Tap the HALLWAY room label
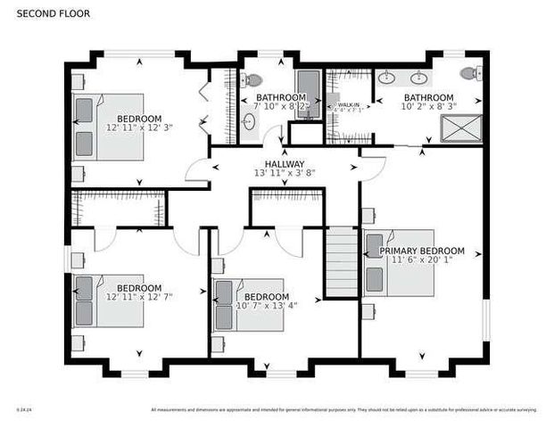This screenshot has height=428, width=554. point(284,164)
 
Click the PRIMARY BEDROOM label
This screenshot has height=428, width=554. point(422,251)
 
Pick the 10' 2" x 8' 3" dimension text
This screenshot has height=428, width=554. point(428,106)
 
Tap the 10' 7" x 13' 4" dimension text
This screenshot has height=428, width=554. point(266,306)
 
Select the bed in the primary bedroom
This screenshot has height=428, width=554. point(399,263)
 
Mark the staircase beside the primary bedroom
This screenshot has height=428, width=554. point(341,262)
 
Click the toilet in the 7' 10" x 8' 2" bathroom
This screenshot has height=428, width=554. point(254,78)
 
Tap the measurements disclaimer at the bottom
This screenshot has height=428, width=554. point(344,410)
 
